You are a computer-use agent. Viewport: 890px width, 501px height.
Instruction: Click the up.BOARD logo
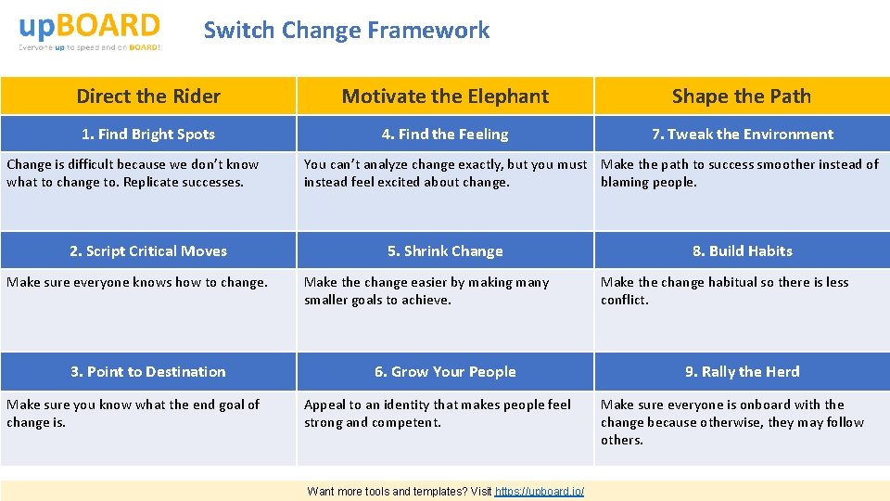(x=89, y=31)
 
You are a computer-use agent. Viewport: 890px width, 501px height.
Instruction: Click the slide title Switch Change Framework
(x=346, y=30)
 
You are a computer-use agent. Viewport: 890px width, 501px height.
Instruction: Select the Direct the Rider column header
(x=148, y=96)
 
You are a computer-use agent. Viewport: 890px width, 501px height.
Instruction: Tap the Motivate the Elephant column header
(x=445, y=96)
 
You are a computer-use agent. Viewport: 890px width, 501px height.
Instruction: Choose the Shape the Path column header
(x=742, y=96)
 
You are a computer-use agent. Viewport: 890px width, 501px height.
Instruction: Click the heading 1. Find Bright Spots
(x=148, y=135)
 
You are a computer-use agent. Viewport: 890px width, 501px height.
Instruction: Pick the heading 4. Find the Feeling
(x=445, y=135)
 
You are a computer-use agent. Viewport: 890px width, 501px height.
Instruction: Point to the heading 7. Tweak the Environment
(x=742, y=135)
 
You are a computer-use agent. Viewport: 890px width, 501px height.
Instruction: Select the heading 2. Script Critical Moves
(x=148, y=251)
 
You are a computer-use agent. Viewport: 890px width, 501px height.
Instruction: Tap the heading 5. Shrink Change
(x=445, y=251)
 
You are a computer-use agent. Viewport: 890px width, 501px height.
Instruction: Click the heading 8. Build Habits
(x=742, y=251)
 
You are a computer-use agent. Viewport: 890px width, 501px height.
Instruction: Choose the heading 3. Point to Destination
(x=148, y=372)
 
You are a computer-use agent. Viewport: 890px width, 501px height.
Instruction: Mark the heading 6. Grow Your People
(x=445, y=372)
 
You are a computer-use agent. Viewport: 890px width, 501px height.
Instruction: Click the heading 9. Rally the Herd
(x=742, y=372)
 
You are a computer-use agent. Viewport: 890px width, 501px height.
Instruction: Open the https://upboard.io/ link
(x=540, y=492)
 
